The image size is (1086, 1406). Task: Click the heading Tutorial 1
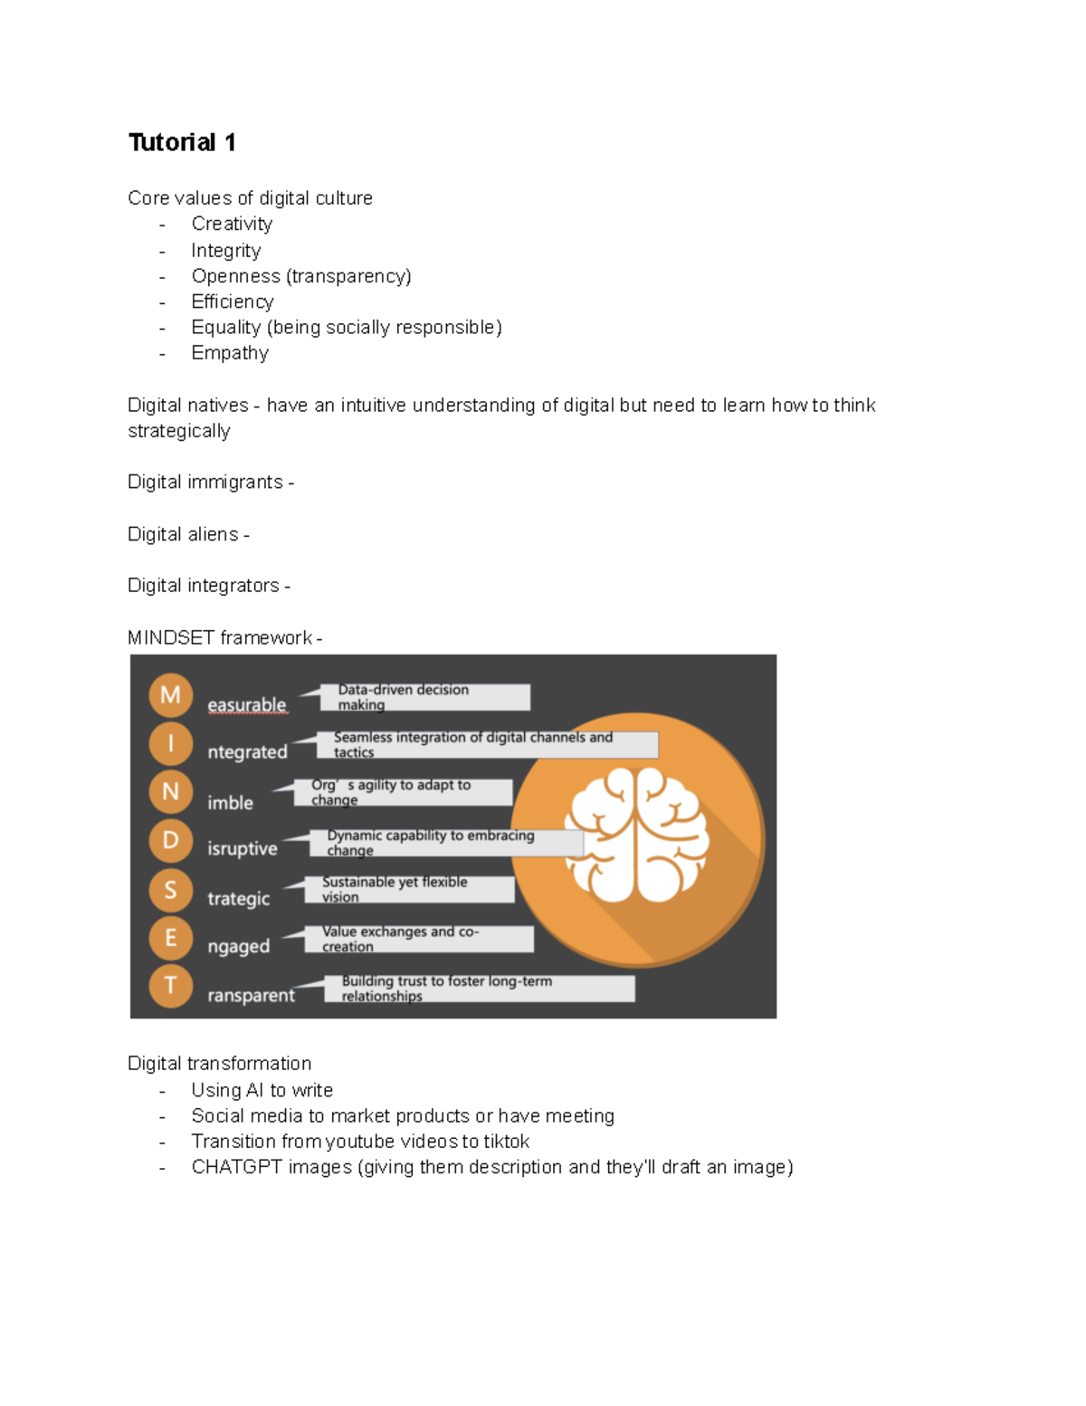[182, 142]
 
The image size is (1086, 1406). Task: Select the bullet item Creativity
[232, 224]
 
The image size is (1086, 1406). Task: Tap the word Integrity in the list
[225, 250]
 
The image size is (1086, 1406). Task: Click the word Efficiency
[232, 301]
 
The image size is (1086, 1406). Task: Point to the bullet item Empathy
[230, 353]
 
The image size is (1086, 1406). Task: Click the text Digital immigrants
[205, 482]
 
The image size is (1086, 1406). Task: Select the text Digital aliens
[183, 534]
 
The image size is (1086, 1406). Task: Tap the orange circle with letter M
[170, 694]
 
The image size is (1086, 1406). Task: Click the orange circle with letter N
[170, 791]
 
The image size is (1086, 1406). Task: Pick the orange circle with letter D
[170, 840]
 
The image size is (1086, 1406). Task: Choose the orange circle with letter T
[170, 985]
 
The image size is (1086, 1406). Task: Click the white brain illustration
[636, 835]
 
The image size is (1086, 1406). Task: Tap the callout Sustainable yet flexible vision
[417, 889]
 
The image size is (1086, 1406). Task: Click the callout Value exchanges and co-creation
[427, 939]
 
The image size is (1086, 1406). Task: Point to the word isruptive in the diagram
[242, 848]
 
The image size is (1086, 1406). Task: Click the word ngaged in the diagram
[238, 946]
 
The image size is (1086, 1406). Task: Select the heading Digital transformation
[219, 1063]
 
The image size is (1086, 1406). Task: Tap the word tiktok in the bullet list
[506, 1142]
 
